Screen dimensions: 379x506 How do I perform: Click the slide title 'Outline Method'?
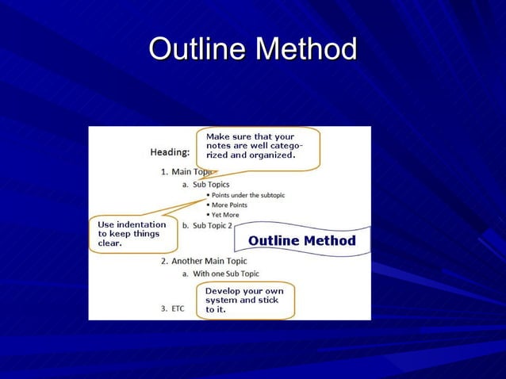coord(252,49)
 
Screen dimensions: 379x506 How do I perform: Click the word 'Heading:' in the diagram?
coord(170,151)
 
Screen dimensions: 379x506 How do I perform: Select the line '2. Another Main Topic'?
coord(204,261)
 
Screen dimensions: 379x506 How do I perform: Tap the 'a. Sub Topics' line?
coord(205,185)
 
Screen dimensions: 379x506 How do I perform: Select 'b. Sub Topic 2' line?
coord(207,225)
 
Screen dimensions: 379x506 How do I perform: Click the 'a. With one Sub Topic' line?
coord(220,274)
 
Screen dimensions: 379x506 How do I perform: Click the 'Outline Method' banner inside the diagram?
coord(301,240)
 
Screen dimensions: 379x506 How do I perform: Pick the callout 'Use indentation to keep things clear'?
coord(132,234)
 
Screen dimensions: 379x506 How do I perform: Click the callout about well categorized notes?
coord(257,147)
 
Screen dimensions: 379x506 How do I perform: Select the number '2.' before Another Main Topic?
coord(164,261)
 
